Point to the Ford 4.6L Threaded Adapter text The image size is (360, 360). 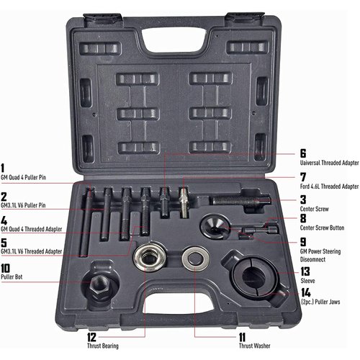pyautogui.click(x=319, y=186)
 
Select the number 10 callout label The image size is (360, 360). pyautogui.click(x=6, y=265)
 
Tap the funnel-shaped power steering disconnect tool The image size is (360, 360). pyautogui.click(x=215, y=225)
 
